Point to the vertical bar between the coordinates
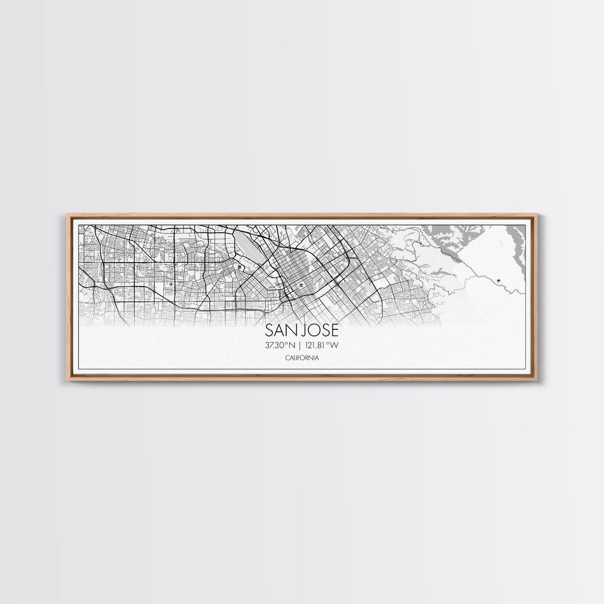pos(302,345)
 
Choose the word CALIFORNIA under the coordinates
pos(302,358)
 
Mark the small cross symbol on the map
pos(172,285)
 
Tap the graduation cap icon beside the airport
pos(240,268)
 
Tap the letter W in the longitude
pos(341,345)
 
